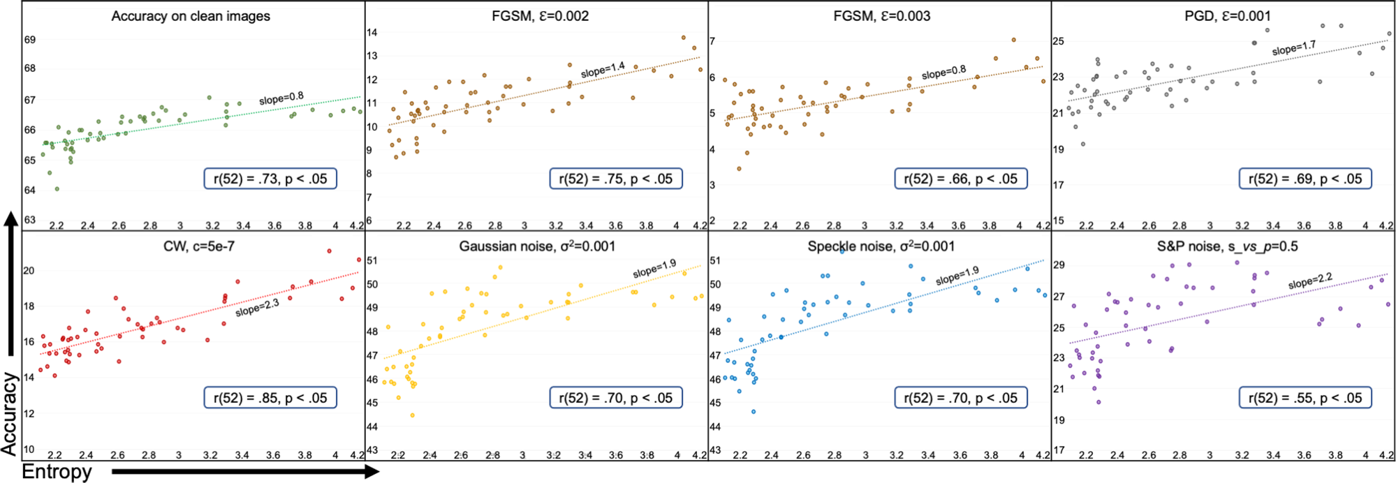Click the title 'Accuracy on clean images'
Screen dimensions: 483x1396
(x=191, y=16)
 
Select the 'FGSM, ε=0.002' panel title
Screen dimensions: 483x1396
(x=540, y=16)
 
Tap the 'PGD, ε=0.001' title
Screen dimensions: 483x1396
(x=1227, y=16)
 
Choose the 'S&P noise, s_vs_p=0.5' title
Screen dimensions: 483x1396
(x=1227, y=246)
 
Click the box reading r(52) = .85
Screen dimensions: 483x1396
(x=270, y=398)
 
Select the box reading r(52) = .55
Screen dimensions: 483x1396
(x=1305, y=398)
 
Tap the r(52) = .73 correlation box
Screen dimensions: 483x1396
(x=270, y=179)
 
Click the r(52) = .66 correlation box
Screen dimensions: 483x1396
(x=961, y=179)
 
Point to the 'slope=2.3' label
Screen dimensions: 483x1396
(x=257, y=308)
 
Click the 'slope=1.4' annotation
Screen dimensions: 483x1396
(x=603, y=70)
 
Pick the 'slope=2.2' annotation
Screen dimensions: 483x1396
(x=1310, y=281)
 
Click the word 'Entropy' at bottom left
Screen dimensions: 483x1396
(x=57, y=472)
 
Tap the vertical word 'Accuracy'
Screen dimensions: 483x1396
(x=10, y=414)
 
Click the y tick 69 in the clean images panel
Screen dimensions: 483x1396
(x=30, y=40)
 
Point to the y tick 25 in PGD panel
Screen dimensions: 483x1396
(x=1059, y=41)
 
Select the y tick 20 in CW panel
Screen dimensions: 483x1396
(x=29, y=271)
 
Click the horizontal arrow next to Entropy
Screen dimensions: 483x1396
(x=244, y=472)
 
